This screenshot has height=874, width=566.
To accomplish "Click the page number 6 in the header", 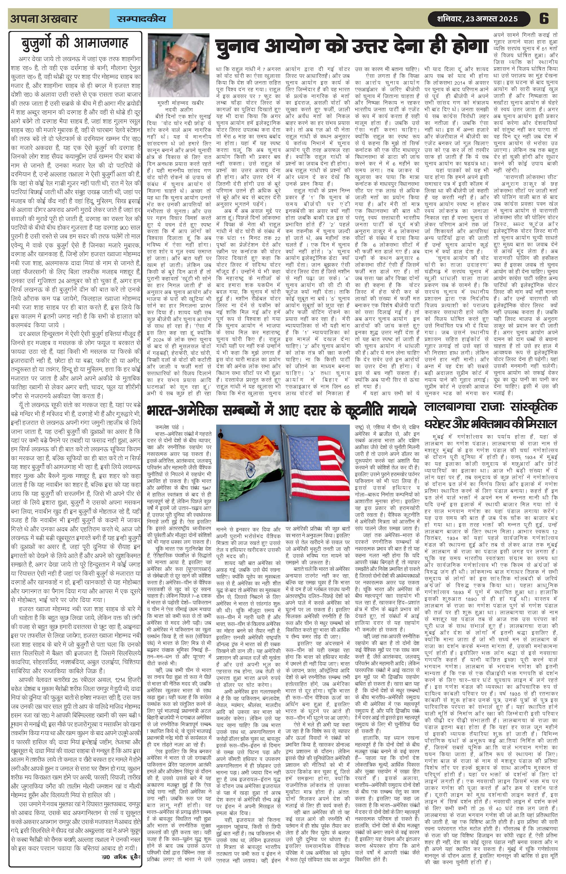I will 544,18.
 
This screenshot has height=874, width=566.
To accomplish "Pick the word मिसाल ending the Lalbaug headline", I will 537,424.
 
